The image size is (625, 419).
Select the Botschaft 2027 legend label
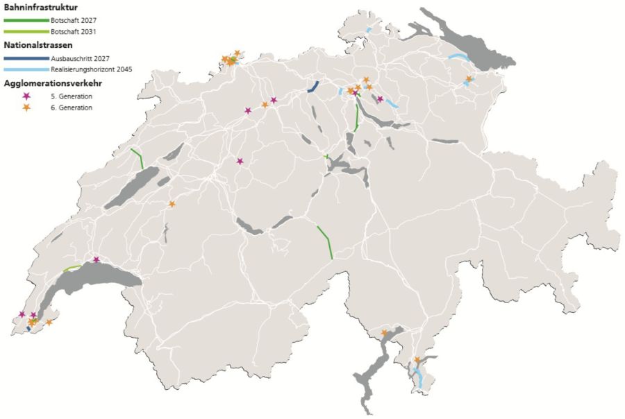point(73,21)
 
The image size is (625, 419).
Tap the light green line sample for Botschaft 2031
point(26,32)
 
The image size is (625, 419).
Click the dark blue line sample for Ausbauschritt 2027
point(26,58)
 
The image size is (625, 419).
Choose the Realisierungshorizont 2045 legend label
point(91,69)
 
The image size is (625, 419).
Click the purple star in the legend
point(27,96)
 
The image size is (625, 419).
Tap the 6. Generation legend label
point(72,108)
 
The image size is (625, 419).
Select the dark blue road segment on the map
point(313,87)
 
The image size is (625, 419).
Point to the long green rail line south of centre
point(325,241)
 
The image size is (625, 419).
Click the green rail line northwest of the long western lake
point(137,158)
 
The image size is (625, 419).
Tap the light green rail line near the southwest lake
point(72,267)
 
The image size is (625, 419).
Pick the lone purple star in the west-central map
point(240,161)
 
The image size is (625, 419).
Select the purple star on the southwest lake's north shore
point(97,259)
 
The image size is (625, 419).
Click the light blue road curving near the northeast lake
point(458,57)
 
